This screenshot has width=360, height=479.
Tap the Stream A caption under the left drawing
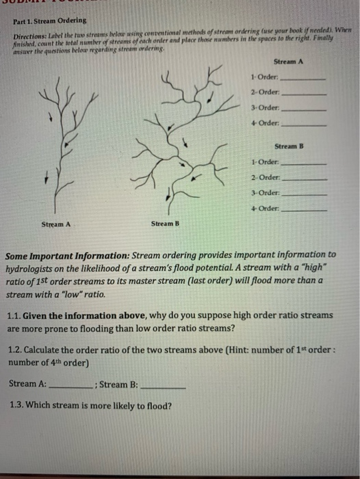click(x=56, y=224)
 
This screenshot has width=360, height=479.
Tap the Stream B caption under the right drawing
click(x=165, y=224)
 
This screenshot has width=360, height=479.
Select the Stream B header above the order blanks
click(x=288, y=146)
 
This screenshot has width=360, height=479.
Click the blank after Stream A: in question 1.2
click(x=70, y=386)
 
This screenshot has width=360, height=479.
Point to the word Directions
click(x=25, y=34)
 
